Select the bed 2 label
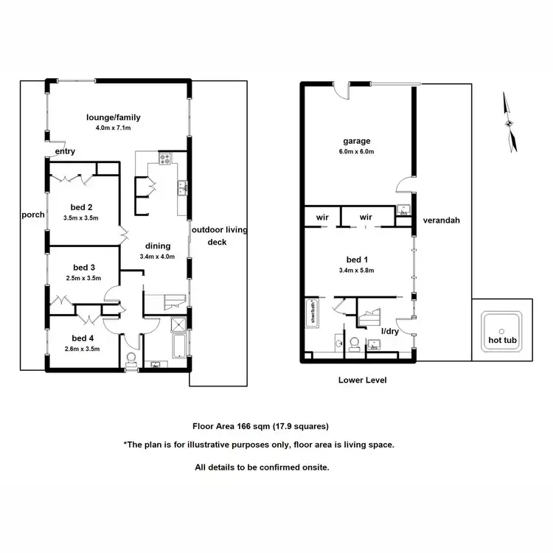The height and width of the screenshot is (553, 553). pos(82,207)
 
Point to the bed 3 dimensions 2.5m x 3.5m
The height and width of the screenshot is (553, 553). pos(82,278)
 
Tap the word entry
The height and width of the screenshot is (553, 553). pos(65,152)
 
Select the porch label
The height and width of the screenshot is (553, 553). pos(32,215)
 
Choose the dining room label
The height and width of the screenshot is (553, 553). pos(158,246)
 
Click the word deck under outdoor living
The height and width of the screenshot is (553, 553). pos(217,242)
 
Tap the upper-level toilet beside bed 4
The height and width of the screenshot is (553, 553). pos(132,359)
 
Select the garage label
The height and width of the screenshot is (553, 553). pos(356,141)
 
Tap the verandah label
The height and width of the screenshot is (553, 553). pos(441,220)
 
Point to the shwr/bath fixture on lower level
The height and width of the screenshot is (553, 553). pos(313,313)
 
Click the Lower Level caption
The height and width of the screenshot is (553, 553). pos(362,380)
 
